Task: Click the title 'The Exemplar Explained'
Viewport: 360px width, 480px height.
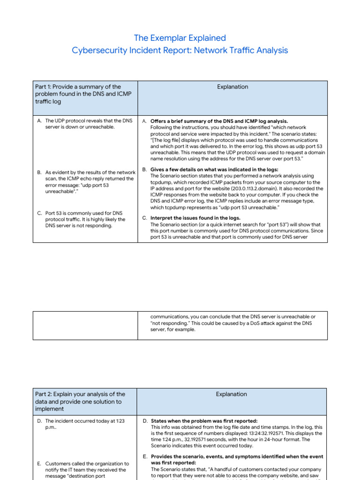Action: (180, 38)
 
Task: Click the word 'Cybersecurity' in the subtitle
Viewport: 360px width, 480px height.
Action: (97, 50)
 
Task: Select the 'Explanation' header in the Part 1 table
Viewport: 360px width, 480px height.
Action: (232, 87)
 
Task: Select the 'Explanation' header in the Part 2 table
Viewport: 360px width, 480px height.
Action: (232, 394)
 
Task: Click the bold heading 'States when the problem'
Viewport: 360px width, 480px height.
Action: (204, 421)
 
